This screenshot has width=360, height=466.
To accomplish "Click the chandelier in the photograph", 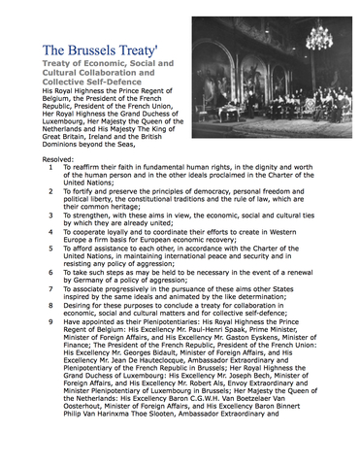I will coord(317,36).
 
